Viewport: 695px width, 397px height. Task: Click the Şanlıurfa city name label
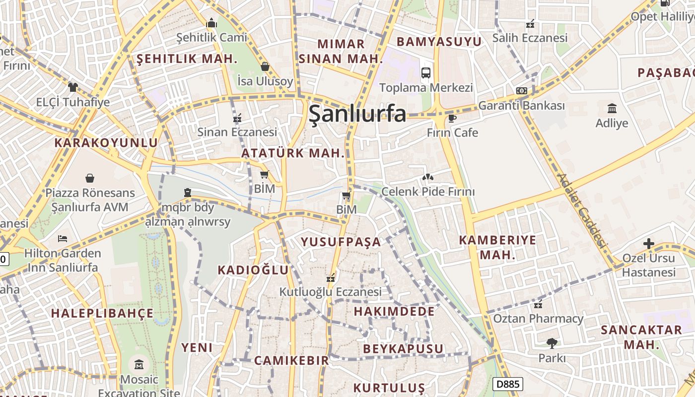click(x=357, y=114)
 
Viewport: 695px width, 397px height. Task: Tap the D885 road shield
click(x=507, y=384)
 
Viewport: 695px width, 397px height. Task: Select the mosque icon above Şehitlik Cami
click(x=212, y=23)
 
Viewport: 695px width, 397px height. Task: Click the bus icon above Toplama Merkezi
click(x=426, y=73)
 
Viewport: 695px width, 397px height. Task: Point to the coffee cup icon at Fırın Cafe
click(x=452, y=118)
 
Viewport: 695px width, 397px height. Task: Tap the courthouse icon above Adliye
click(x=612, y=108)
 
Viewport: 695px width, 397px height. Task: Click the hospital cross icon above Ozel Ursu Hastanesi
click(x=648, y=244)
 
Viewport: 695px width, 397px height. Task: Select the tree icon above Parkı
click(x=552, y=343)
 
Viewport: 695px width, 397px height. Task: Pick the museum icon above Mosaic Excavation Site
click(x=139, y=365)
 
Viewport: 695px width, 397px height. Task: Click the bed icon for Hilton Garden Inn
click(x=63, y=239)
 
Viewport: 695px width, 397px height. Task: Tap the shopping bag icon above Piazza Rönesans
click(x=90, y=178)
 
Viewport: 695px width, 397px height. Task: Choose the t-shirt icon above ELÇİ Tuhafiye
click(x=73, y=87)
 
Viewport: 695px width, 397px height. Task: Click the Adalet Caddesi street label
click(x=582, y=211)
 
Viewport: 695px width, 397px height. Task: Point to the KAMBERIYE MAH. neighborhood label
click(x=497, y=247)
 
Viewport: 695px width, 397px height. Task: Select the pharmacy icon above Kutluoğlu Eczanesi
click(x=331, y=277)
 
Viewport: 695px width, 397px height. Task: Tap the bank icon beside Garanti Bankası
click(x=521, y=91)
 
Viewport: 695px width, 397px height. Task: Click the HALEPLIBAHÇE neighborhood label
click(x=102, y=314)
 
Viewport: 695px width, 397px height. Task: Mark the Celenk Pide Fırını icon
click(x=427, y=177)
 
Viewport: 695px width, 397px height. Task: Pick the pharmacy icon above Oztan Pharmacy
click(x=538, y=304)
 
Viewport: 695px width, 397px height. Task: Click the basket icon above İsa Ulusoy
click(x=265, y=66)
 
